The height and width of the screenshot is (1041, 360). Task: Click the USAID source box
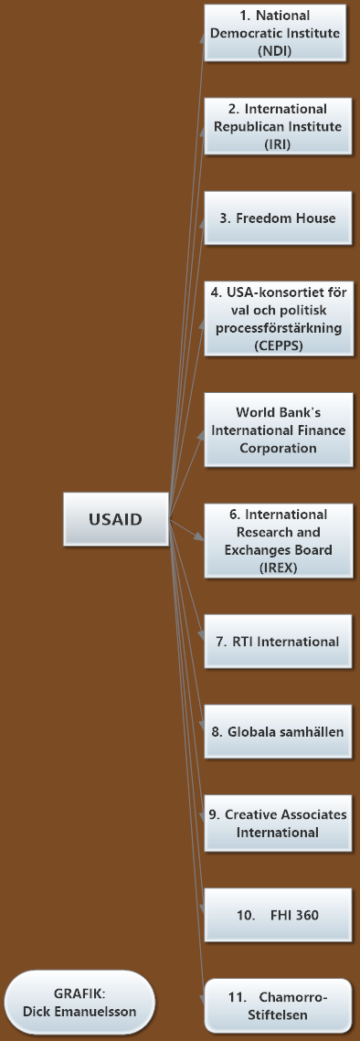[115, 519]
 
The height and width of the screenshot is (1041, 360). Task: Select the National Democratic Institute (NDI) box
[278, 33]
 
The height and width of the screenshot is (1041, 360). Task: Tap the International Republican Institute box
[278, 126]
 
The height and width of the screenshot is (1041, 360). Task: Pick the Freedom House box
[278, 218]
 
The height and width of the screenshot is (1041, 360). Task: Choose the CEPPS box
[278, 318]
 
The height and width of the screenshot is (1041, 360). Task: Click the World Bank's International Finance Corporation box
[278, 430]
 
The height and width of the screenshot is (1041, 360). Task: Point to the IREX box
[278, 541]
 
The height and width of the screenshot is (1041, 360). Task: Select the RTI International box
[278, 642]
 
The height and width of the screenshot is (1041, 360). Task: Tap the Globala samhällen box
[278, 731]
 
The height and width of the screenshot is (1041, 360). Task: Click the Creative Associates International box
[278, 823]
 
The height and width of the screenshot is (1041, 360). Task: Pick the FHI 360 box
[278, 915]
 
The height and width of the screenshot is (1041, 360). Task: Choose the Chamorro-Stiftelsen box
[278, 1006]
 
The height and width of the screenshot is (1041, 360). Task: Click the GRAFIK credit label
[79, 1003]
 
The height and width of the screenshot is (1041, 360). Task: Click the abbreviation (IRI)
[278, 144]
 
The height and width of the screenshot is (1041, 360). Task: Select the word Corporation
[279, 448]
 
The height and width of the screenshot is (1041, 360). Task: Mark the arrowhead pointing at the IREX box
[201, 536]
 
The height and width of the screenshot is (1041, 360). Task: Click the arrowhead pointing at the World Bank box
[201, 433]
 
